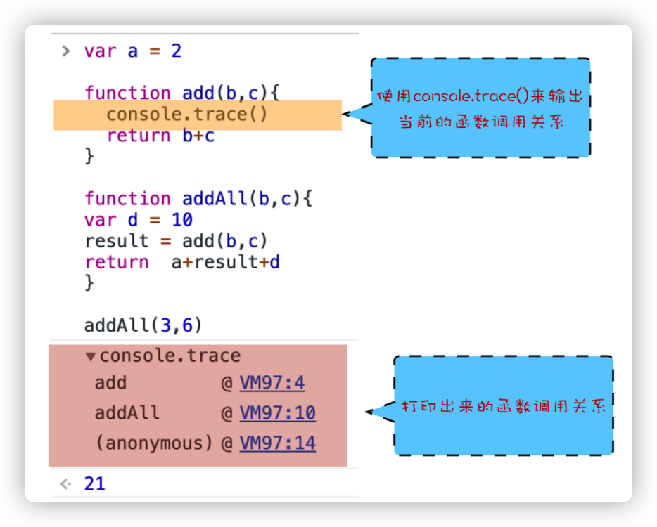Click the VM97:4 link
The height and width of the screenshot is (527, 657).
(x=272, y=383)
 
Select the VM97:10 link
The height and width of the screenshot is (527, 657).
(x=277, y=413)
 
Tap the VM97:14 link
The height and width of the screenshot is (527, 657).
(x=277, y=443)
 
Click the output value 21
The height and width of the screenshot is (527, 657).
(x=94, y=483)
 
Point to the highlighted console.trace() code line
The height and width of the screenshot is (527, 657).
(x=187, y=115)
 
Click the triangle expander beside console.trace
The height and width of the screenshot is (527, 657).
(x=90, y=356)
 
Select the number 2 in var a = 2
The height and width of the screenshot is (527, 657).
(x=176, y=51)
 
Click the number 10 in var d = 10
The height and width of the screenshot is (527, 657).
(x=181, y=220)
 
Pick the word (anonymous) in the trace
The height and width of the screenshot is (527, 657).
(x=153, y=443)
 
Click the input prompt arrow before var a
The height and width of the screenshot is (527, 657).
(x=66, y=51)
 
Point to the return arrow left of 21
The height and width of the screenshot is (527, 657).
(x=66, y=483)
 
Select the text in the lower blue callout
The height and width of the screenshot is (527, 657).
(x=503, y=407)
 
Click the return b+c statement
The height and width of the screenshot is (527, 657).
(x=160, y=136)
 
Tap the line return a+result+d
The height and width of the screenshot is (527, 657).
(x=183, y=262)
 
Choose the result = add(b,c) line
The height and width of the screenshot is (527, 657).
(x=177, y=241)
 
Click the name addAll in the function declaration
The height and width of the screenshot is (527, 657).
(x=215, y=199)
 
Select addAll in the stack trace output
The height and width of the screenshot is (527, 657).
(x=127, y=413)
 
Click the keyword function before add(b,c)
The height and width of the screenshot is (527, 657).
(x=127, y=93)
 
